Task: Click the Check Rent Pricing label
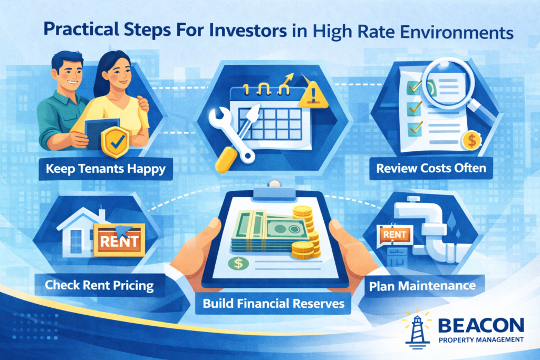pos(99,286)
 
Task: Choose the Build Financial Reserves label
pos(269,304)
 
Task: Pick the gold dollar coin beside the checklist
pos(470,141)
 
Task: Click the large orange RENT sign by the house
pos(119,241)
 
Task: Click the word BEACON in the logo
pos(481,324)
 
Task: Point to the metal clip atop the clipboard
pos(269,188)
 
